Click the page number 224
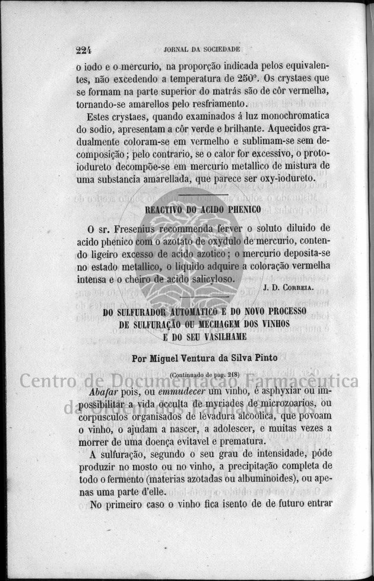click(87, 50)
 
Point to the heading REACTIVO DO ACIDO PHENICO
click(204, 209)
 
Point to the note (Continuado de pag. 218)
click(203, 375)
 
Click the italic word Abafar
click(104, 392)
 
